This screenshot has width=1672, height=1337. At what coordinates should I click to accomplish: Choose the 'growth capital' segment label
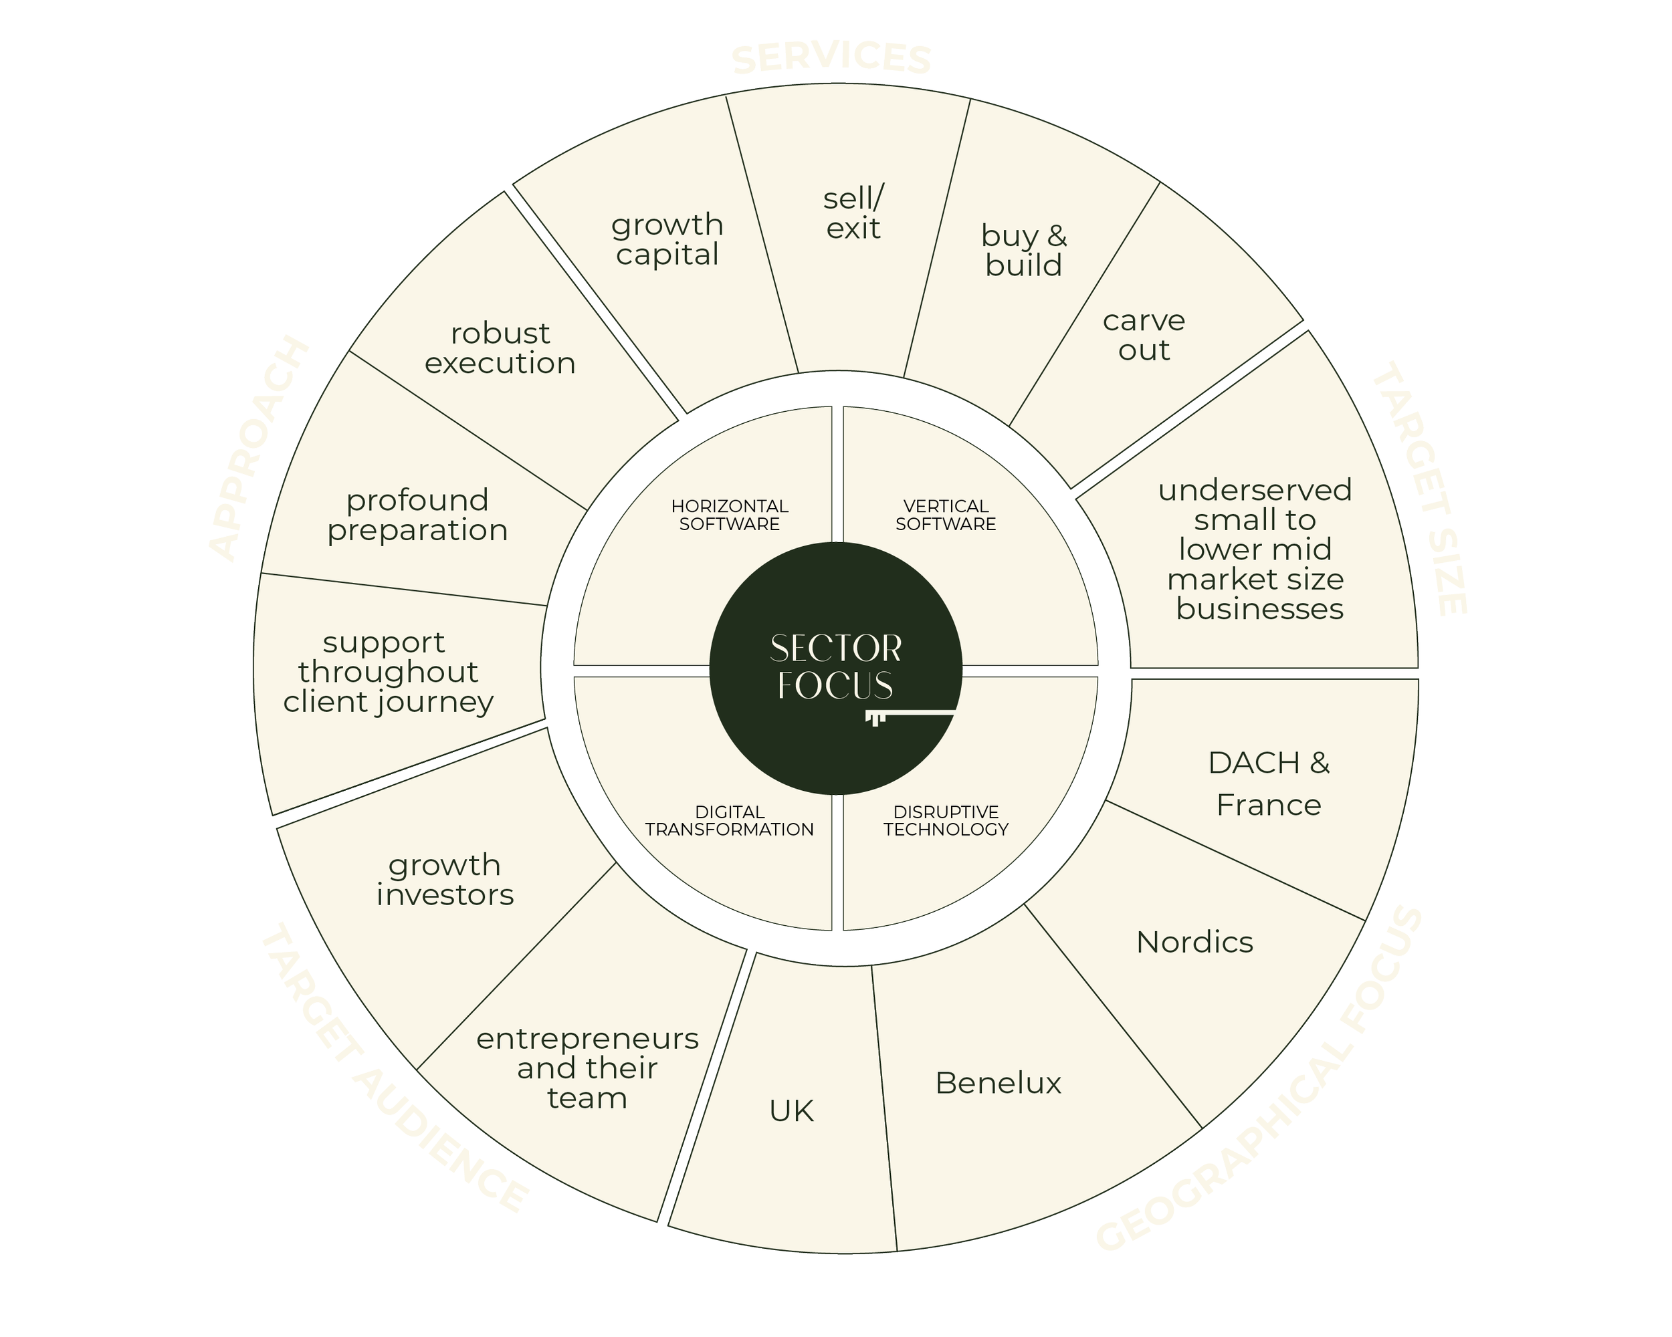point(667,239)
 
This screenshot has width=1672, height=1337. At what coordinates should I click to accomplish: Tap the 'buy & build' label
point(1024,249)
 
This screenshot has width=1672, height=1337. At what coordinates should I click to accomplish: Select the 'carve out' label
point(1144,335)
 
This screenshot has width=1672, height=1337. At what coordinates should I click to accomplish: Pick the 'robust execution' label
point(500,348)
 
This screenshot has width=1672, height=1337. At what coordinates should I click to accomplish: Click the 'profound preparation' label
point(417,515)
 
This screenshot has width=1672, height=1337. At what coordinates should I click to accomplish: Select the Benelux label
point(998,1083)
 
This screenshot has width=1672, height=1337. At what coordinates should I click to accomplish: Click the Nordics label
point(1194,942)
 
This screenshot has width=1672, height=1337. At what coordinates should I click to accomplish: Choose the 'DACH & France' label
point(1269,783)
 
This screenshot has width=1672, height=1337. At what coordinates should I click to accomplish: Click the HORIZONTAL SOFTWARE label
point(729,515)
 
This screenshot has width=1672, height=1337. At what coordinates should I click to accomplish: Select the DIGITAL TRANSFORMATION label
point(729,821)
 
